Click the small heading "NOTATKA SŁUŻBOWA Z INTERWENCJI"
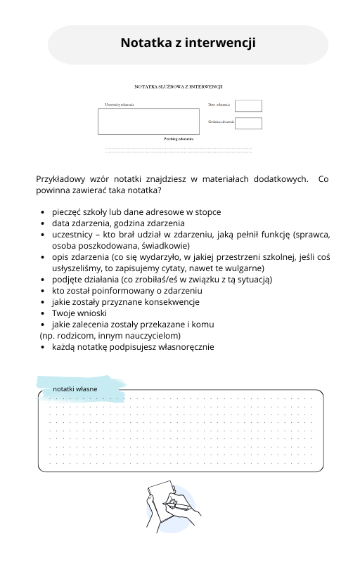tap(179, 87)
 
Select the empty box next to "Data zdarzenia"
tap(248, 105)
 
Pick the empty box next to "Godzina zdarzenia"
tap(248, 124)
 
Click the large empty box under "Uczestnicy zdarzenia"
tap(148, 122)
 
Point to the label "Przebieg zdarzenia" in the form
tap(179, 139)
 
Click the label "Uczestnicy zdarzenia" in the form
tap(120, 105)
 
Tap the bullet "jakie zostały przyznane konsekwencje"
tap(125, 301)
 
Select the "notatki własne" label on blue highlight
tap(75, 388)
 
